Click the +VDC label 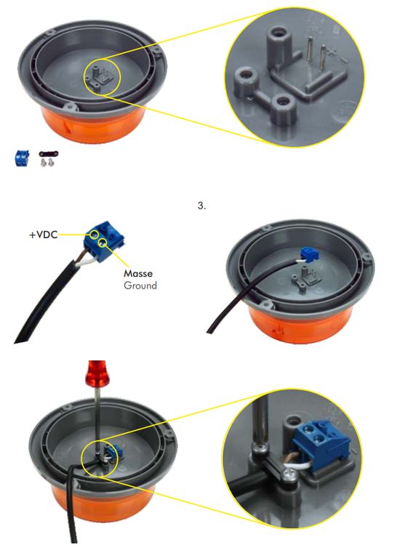pos(43,235)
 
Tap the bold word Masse pos(138,273)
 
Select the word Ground pos(140,286)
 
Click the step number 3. pos(201,206)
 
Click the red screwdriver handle pos(97,373)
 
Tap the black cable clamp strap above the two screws pos(49,154)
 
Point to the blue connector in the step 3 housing pos(307,254)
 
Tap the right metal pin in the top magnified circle pos(322,59)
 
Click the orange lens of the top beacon pos(93,123)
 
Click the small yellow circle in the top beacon pos(103,77)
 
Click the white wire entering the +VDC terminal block pos(87,262)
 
